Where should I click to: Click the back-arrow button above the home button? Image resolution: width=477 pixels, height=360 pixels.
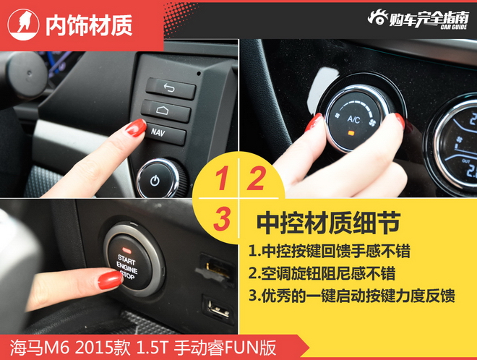coord(171,89)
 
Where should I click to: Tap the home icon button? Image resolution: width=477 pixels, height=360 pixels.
coord(166,111)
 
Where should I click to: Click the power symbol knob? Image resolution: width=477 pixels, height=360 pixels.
coord(158,179)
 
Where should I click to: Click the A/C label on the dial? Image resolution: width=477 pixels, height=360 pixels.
coord(354,119)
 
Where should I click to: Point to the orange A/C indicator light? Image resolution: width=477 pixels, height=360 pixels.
coord(351,133)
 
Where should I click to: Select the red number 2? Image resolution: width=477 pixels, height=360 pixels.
coord(256,179)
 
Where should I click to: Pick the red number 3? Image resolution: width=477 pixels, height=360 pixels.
coord(222,218)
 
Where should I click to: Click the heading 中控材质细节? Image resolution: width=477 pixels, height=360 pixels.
coord(329,223)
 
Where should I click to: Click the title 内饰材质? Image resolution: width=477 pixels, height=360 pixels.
coord(89,25)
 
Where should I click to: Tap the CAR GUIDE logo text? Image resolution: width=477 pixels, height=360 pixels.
coord(454,27)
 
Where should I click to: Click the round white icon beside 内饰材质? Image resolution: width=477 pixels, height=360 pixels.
coord(23,25)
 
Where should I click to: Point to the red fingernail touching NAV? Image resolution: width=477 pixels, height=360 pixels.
coord(137,127)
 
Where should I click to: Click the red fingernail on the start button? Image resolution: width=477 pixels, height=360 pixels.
coord(110,280)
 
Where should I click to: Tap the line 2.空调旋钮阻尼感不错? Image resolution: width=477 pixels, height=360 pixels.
coord(322,273)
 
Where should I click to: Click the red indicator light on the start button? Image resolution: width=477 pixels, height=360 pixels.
coord(126,251)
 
